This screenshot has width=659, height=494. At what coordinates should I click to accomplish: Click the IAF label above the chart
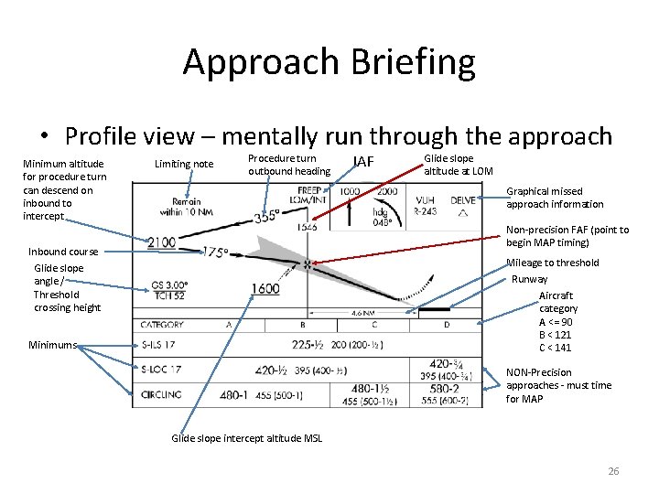tap(362, 163)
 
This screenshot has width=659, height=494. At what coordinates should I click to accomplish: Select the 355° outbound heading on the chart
tap(267, 218)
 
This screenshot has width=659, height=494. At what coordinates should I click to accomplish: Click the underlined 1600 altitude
tap(265, 289)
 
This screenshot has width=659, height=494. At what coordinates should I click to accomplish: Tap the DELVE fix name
tap(463, 199)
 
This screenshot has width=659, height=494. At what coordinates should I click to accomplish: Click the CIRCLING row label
tap(160, 394)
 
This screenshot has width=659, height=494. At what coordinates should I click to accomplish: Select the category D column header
tap(447, 324)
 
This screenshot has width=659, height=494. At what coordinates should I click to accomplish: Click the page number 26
tap(613, 471)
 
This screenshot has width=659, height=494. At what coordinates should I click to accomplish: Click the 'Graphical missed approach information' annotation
tap(556, 198)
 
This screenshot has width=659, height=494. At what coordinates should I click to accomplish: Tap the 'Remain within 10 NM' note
tap(188, 206)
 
